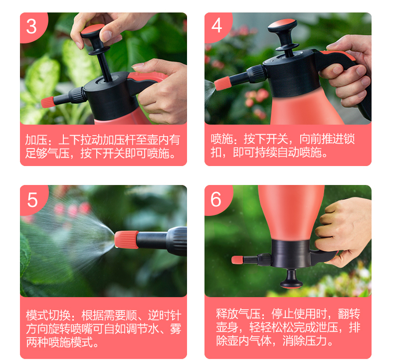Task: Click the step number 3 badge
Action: tap(32, 26)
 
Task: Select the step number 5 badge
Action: tap(32, 200)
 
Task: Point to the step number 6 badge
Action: tap(216, 199)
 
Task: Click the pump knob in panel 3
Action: tap(92, 30)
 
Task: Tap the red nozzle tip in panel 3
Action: tap(48, 102)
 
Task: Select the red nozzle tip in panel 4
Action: tap(222, 83)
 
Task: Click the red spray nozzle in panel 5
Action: tap(126, 240)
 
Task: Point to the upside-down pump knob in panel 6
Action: tap(291, 278)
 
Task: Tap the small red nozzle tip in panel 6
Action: tap(237, 260)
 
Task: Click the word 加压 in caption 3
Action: tap(36, 140)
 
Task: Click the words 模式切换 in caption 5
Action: tap(48, 315)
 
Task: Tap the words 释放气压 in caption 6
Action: tap(238, 314)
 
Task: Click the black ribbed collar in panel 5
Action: tap(177, 241)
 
